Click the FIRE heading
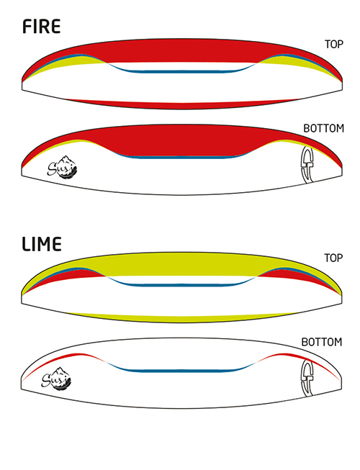point(41,27)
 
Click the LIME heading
point(42,244)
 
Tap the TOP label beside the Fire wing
point(333,45)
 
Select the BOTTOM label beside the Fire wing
point(324,128)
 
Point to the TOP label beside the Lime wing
point(333,258)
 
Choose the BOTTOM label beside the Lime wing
point(322,342)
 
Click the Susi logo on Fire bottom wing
point(63,167)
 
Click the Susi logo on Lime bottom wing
point(56,378)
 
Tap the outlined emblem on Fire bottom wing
point(307,165)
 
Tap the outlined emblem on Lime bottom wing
point(307,378)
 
